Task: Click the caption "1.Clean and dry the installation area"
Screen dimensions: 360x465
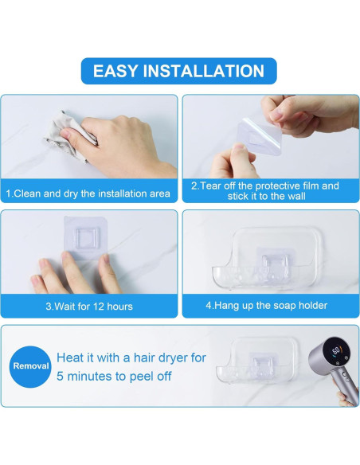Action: pyautogui.click(x=88, y=193)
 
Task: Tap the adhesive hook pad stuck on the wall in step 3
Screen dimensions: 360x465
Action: pyautogui.click(x=86, y=237)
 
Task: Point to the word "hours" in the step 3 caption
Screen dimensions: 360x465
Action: pyautogui.click(x=119, y=306)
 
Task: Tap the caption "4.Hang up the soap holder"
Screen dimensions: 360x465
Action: pyautogui.click(x=267, y=306)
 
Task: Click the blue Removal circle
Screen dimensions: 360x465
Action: pyautogui.click(x=30, y=366)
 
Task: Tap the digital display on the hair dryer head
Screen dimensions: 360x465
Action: pyautogui.click(x=337, y=351)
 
